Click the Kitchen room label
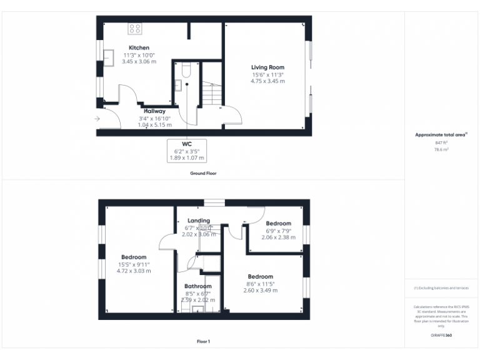(x=139, y=48)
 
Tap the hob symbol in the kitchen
(x=134, y=28)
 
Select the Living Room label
(x=267, y=67)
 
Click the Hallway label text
(x=154, y=111)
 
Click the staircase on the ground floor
(x=211, y=94)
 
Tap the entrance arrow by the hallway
(x=97, y=118)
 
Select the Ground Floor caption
(x=203, y=172)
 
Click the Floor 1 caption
(x=203, y=341)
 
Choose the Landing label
(x=198, y=221)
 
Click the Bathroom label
(x=197, y=286)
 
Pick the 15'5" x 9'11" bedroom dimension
(x=134, y=264)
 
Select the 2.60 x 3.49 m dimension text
(x=260, y=290)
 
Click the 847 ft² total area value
(x=441, y=143)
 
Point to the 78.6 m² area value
(x=441, y=150)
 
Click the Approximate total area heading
(x=441, y=134)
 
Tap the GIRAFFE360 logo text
(x=441, y=336)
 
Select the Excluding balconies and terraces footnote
(x=441, y=288)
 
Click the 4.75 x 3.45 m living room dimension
(x=267, y=81)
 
